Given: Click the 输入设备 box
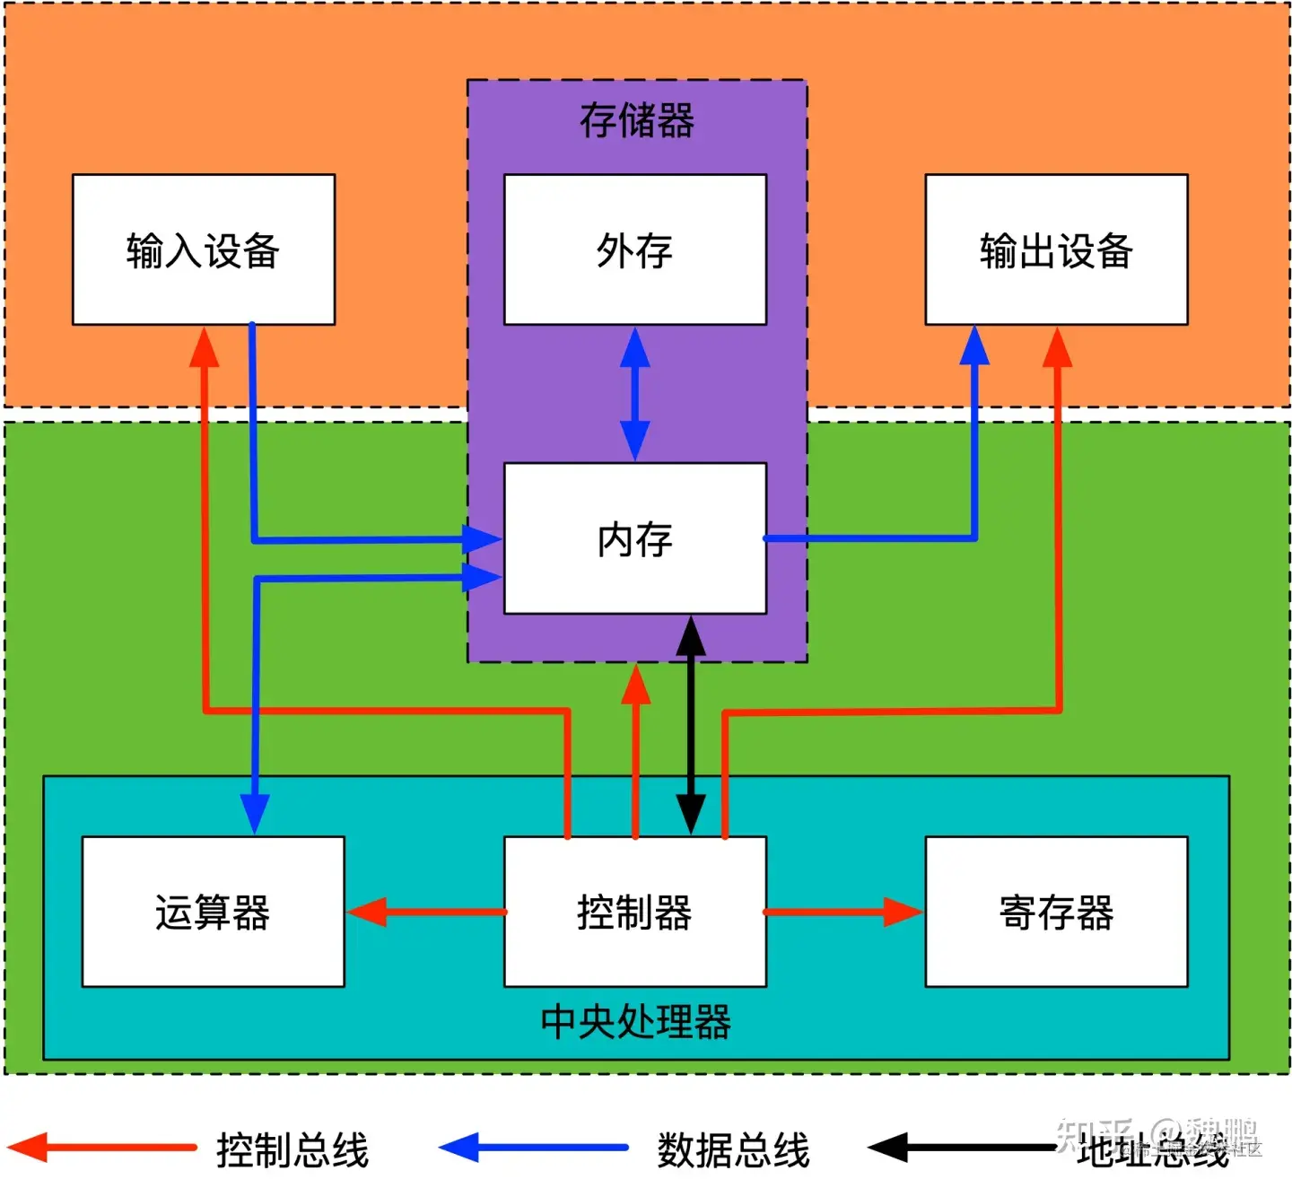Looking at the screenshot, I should (x=204, y=249).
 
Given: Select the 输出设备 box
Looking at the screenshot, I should (x=1056, y=249).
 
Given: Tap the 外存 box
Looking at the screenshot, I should (x=634, y=249).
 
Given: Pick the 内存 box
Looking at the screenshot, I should (x=634, y=538).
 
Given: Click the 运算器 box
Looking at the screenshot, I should (x=213, y=912).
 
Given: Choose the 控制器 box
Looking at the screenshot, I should (x=634, y=912).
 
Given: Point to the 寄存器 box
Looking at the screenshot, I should (x=1056, y=912).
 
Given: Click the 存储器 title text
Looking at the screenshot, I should (x=636, y=120).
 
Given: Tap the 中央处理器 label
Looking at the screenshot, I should (x=635, y=1022).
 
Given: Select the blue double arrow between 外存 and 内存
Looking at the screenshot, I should (x=634, y=394).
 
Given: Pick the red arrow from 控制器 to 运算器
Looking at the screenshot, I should (x=426, y=912).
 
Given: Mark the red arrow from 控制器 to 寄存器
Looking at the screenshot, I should (x=843, y=912).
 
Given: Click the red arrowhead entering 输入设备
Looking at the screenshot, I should (x=205, y=348).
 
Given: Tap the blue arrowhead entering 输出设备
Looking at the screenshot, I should (x=974, y=346).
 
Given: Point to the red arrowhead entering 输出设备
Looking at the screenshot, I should (x=1058, y=348).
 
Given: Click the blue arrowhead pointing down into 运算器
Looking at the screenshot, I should (x=255, y=811).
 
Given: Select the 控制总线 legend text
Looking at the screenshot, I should (x=292, y=1149).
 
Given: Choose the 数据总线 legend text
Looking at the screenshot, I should (x=733, y=1149).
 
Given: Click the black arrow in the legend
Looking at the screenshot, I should (x=960, y=1147).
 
